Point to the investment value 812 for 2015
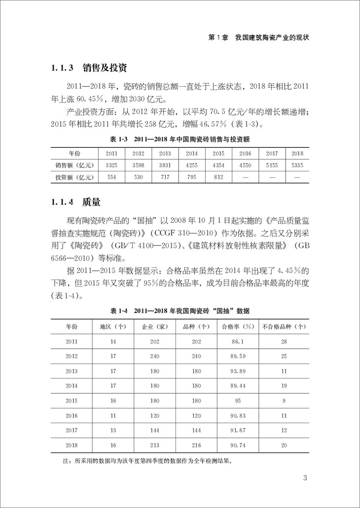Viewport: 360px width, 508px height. pos(218,177)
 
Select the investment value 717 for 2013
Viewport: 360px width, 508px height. pos(165,177)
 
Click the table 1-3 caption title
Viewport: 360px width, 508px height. pos(180,140)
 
